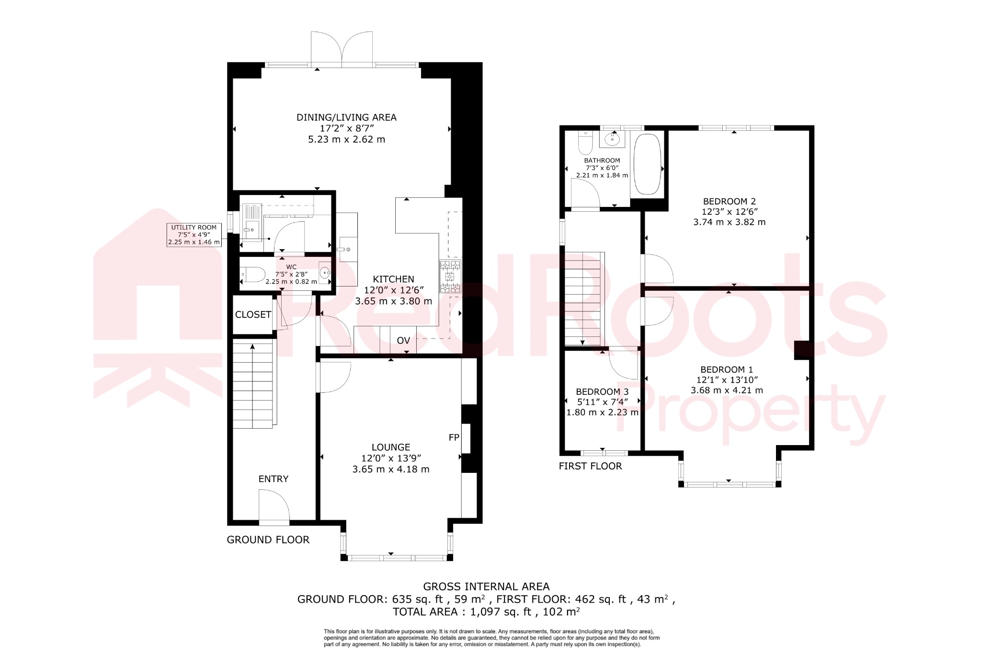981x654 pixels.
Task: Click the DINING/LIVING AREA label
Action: click(346, 117)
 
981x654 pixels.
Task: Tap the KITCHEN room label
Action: click(393, 279)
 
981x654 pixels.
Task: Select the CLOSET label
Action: click(253, 315)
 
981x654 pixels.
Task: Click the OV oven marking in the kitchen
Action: click(403, 341)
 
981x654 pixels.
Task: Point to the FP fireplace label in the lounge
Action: click(454, 437)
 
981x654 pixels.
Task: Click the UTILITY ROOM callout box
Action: click(194, 235)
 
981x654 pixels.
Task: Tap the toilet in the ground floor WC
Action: click(254, 275)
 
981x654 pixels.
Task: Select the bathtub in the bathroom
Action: click(648, 164)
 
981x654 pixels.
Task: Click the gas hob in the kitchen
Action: click(450, 276)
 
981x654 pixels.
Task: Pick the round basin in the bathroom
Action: click(612, 139)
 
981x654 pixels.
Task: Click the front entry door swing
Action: click(274, 505)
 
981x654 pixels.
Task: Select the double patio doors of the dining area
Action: click(342, 48)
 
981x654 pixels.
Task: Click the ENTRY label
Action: click(274, 479)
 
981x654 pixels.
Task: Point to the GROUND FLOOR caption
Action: click(268, 540)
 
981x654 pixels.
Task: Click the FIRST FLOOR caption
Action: click(590, 466)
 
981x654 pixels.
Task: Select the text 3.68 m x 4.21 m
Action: click(727, 390)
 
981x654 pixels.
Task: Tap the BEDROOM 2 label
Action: click(729, 202)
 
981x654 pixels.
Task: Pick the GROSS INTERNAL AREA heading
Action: click(486, 586)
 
